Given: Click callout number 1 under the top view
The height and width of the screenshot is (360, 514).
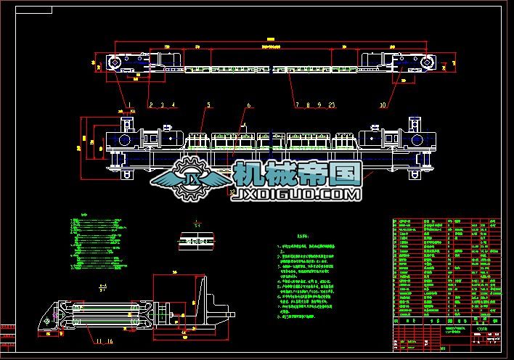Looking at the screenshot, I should click(131, 105).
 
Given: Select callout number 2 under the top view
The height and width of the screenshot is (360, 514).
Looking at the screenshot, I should click(151, 105).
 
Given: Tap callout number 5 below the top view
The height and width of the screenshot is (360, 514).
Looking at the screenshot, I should click(208, 105).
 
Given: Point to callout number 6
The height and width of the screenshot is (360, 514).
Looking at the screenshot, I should click(248, 105).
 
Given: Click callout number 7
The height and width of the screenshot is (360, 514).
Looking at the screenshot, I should click(296, 105).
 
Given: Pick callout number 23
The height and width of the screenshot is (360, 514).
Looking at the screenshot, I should click(332, 105).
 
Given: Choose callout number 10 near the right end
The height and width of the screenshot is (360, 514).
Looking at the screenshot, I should click(383, 105).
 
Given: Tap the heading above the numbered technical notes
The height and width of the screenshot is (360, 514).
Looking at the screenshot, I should click(289, 236).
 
